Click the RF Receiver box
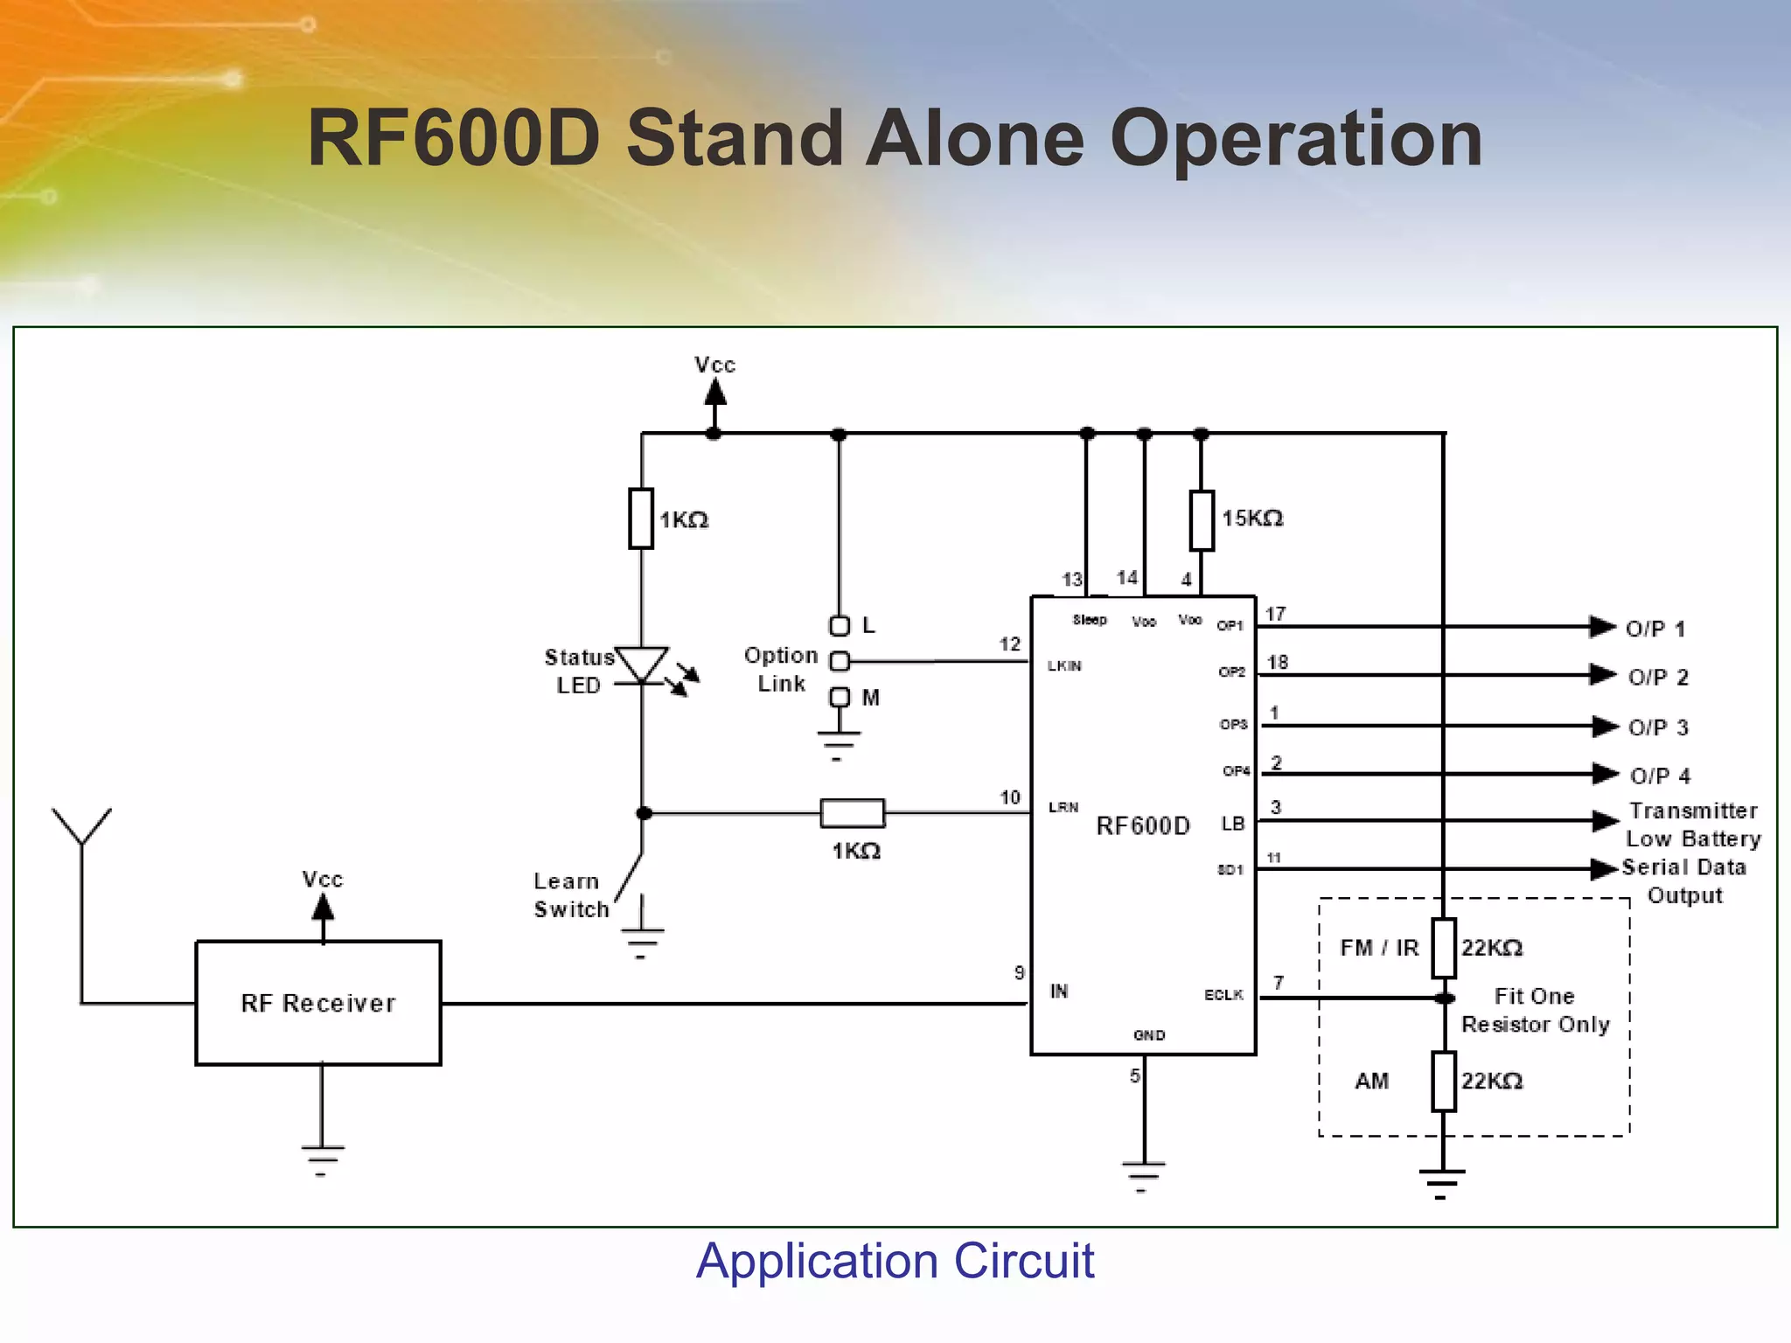[x=318, y=1003]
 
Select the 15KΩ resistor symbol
[x=1202, y=520]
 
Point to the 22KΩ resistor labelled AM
[x=1443, y=1082]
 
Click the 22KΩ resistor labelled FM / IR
[x=1443, y=948]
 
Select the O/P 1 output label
[x=1655, y=629]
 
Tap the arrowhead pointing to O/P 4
[x=1605, y=774]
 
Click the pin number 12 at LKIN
[x=1010, y=644]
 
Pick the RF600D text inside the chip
[x=1143, y=826]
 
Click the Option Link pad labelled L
[x=840, y=626]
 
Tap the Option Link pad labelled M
[x=840, y=697]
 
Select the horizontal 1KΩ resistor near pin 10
[x=852, y=813]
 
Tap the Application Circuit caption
[x=895, y=1260]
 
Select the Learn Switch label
[x=571, y=895]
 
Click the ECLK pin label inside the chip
[x=1223, y=995]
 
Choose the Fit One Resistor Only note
[x=1535, y=1010]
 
